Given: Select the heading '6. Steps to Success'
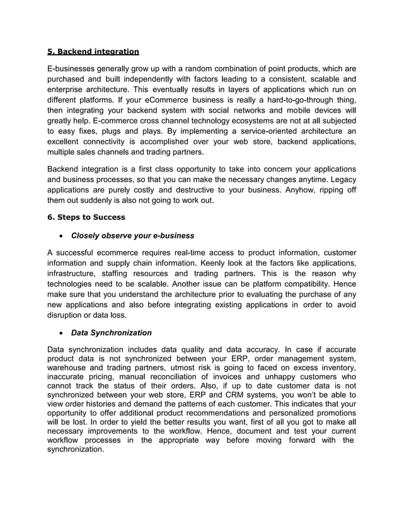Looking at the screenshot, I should click(86, 217).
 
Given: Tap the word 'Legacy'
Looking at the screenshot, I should click(341, 179).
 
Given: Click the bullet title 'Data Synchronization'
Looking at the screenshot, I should click(112, 332).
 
